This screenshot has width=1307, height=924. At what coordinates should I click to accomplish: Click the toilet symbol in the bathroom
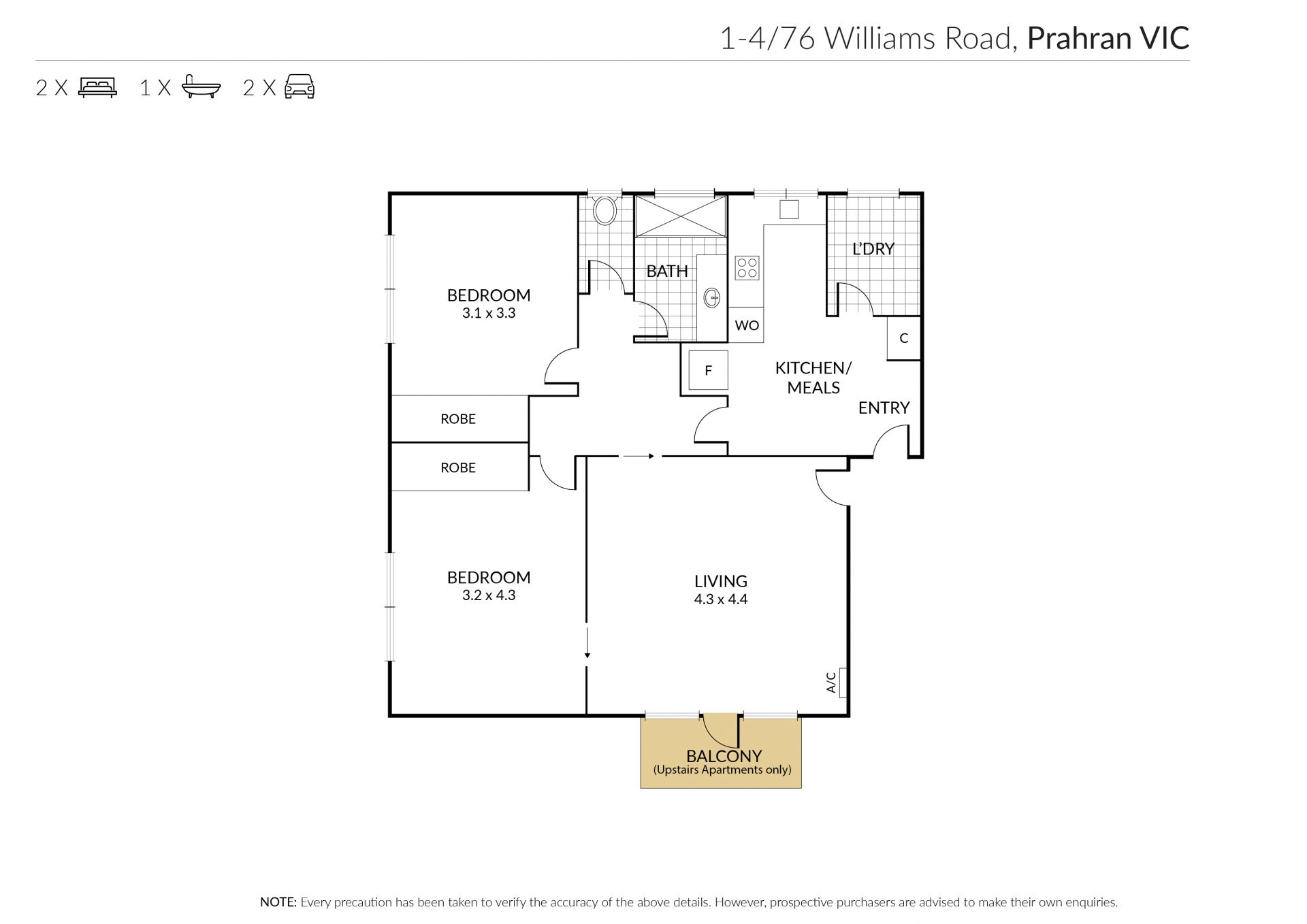click(604, 210)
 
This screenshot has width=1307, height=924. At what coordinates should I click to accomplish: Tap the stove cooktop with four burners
click(747, 267)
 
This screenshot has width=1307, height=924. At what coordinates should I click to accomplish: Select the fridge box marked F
click(708, 370)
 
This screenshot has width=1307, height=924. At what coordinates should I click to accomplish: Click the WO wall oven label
click(747, 325)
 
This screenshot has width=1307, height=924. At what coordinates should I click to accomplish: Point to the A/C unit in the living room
click(843, 682)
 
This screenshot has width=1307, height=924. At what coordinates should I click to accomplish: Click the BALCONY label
click(724, 756)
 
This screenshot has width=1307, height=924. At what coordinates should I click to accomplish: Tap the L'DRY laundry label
click(873, 249)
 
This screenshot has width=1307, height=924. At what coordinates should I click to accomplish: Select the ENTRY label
click(884, 408)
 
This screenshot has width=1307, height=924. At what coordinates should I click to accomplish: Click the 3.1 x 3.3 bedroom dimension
click(489, 313)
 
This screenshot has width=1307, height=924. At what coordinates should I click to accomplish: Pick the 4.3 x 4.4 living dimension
click(721, 599)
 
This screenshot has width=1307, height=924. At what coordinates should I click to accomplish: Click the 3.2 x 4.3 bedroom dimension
click(489, 595)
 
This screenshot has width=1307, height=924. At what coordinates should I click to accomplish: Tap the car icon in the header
click(300, 87)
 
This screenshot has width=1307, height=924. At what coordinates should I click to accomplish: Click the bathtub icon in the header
click(201, 87)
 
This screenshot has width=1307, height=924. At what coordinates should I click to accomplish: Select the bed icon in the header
click(98, 88)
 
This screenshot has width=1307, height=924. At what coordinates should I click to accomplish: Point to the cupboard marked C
click(904, 338)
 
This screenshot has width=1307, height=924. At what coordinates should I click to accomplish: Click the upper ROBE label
click(458, 419)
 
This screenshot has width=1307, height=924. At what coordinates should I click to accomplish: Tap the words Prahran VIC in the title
click(1108, 38)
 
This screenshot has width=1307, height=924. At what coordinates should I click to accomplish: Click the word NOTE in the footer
click(278, 902)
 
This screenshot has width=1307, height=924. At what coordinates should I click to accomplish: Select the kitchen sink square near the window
click(789, 210)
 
